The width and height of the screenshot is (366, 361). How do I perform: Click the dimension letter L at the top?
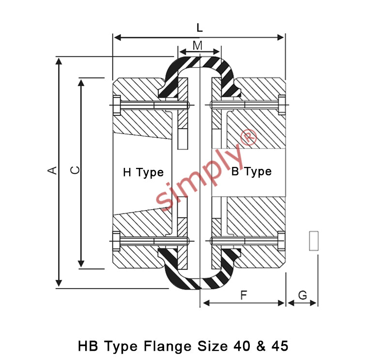pos(199,28)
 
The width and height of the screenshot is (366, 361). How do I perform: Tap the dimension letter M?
pos(198,46)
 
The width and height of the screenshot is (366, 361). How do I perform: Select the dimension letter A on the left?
pos(52,170)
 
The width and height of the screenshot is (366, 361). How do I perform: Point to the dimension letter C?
pos(75,170)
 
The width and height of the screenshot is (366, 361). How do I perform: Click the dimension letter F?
pos(244,295)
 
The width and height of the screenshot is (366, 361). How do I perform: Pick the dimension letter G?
pos(303,295)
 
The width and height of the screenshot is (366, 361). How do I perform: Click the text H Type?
pos(143,173)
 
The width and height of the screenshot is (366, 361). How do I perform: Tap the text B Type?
pos(251,172)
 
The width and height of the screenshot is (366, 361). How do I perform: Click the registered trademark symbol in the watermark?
pos(248,137)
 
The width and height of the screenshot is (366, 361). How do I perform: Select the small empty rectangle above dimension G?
pos(314,241)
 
